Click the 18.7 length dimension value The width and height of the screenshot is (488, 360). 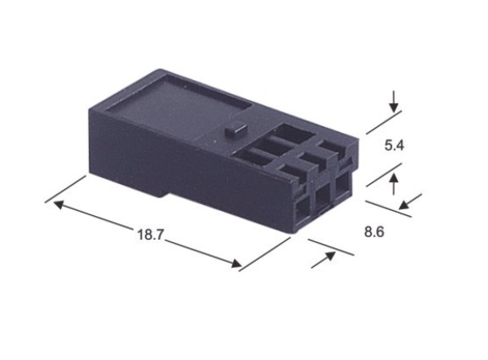(150, 234)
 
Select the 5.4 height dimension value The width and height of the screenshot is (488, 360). (394, 146)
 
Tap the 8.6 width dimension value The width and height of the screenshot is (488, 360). (374, 232)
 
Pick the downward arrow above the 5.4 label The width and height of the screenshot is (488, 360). (394, 102)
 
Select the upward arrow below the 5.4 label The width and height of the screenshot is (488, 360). (394, 184)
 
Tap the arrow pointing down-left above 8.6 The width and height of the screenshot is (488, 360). (411, 202)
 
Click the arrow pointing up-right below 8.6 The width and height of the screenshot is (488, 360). (323, 259)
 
